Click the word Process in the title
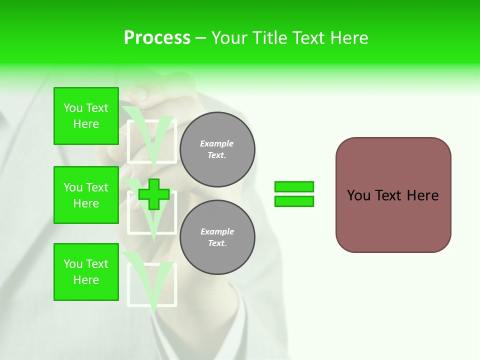[157, 38]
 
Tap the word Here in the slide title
[348, 38]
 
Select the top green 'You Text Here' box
[86, 116]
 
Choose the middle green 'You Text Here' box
[86, 195]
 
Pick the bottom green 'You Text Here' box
[86, 272]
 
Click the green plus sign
[153, 194]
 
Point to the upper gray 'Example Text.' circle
[217, 149]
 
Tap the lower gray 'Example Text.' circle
[217, 237]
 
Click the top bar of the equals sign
[294, 187]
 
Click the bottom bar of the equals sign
[294, 201]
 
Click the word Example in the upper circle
[216, 143]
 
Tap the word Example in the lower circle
[217, 231]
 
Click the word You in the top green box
[73, 108]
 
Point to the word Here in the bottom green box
[86, 280]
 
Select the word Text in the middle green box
[97, 187]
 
